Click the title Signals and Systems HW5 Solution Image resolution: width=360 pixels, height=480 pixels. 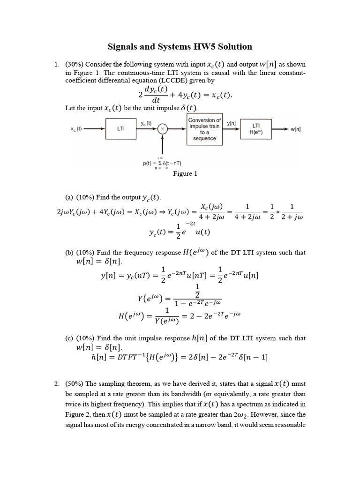[x=180, y=46]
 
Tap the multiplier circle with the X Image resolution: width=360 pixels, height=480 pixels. [x=163, y=129]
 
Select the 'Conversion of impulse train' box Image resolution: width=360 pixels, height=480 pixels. [x=204, y=129]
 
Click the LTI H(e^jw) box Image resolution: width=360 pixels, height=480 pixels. [x=256, y=129]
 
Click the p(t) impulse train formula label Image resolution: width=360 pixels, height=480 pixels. [x=162, y=163]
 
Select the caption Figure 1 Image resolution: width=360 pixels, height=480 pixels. [x=185, y=174]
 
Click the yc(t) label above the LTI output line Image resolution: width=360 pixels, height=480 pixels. [x=146, y=123]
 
